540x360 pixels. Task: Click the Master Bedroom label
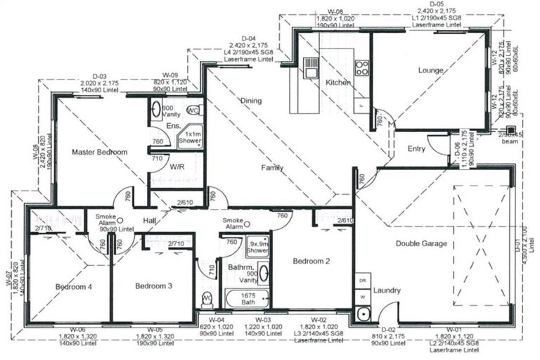tap(99, 152)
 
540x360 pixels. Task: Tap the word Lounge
tap(430, 70)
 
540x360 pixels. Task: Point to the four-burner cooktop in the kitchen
tap(362, 68)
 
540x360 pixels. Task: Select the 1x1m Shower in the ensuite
tap(192, 136)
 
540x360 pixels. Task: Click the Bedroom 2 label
tap(311, 262)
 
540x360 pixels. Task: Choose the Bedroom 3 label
tap(153, 286)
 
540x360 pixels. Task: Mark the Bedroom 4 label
tap(74, 286)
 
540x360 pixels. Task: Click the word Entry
tap(416, 148)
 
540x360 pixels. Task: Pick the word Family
tap(272, 168)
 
